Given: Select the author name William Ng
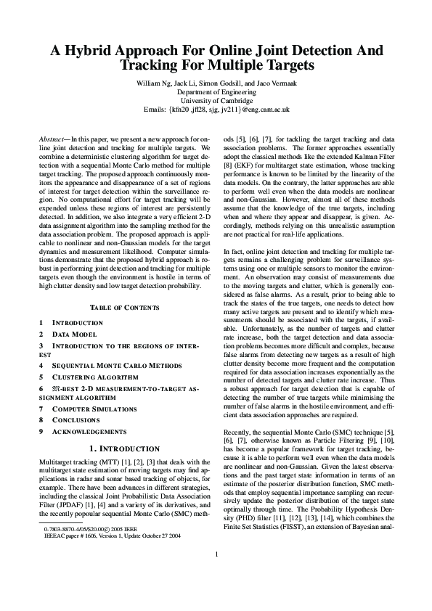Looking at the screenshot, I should click(x=155, y=83).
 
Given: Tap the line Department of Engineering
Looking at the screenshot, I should click(x=216, y=92).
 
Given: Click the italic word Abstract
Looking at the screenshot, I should click(x=51, y=138).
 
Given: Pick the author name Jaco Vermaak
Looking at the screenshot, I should click(x=273, y=83).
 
